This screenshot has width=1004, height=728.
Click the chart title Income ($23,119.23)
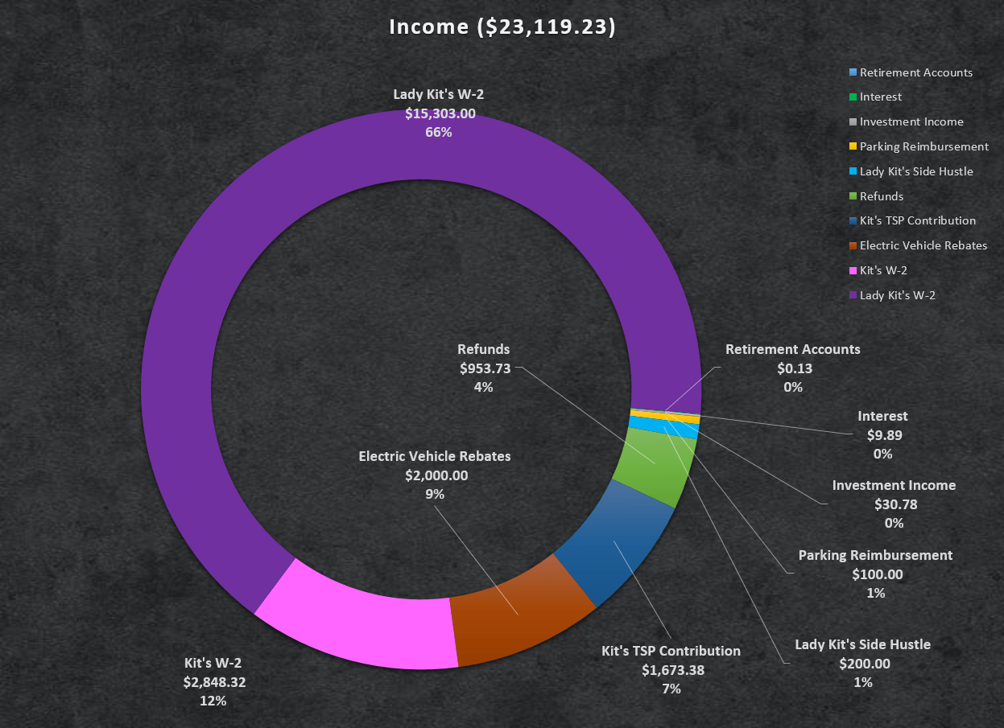[x=502, y=27]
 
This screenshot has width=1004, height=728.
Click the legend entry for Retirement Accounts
[x=915, y=72]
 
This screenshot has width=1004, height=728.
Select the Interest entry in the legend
[x=880, y=97]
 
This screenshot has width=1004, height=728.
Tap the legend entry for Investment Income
[x=911, y=122]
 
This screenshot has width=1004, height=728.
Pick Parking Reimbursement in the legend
[x=923, y=147]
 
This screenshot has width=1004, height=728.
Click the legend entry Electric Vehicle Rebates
[x=923, y=245]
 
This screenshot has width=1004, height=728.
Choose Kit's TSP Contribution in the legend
[x=917, y=220]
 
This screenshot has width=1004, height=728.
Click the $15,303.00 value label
[x=440, y=113]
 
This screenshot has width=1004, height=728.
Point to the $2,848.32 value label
[x=214, y=682]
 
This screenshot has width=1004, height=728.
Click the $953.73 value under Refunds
[x=485, y=368]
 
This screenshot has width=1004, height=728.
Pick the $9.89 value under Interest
[x=883, y=435]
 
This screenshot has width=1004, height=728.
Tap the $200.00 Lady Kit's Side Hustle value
[x=864, y=664]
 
